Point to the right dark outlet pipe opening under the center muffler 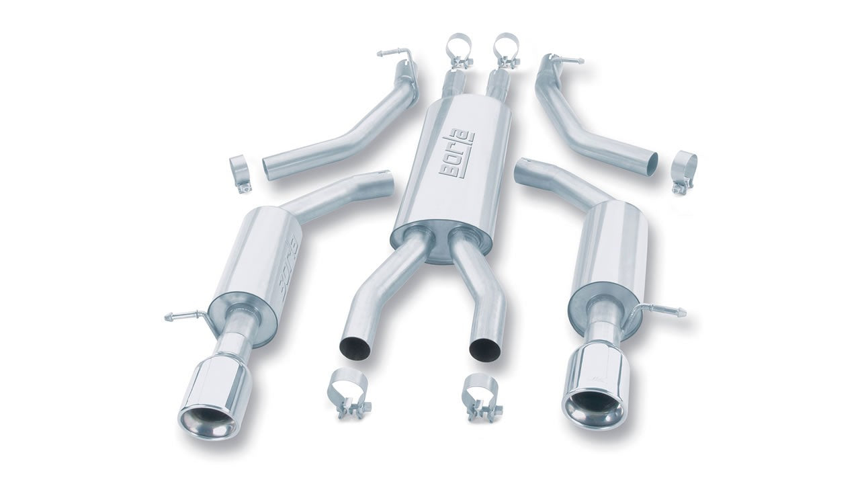point(485,349)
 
